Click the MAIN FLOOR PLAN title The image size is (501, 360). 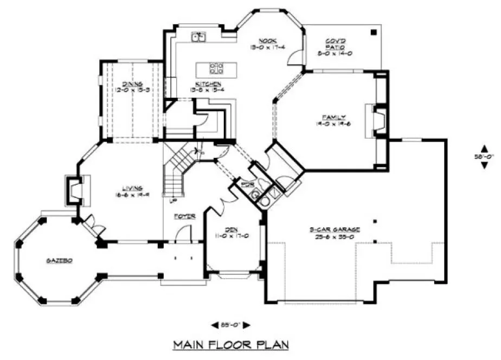coord(230,344)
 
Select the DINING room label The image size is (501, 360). coord(132,84)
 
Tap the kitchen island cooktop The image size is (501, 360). coord(216,68)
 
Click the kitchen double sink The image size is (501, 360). coord(198,37)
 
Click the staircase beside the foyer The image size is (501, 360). coord(178,168)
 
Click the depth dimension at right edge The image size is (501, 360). coord(484,157)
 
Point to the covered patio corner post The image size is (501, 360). coord(374,33)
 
